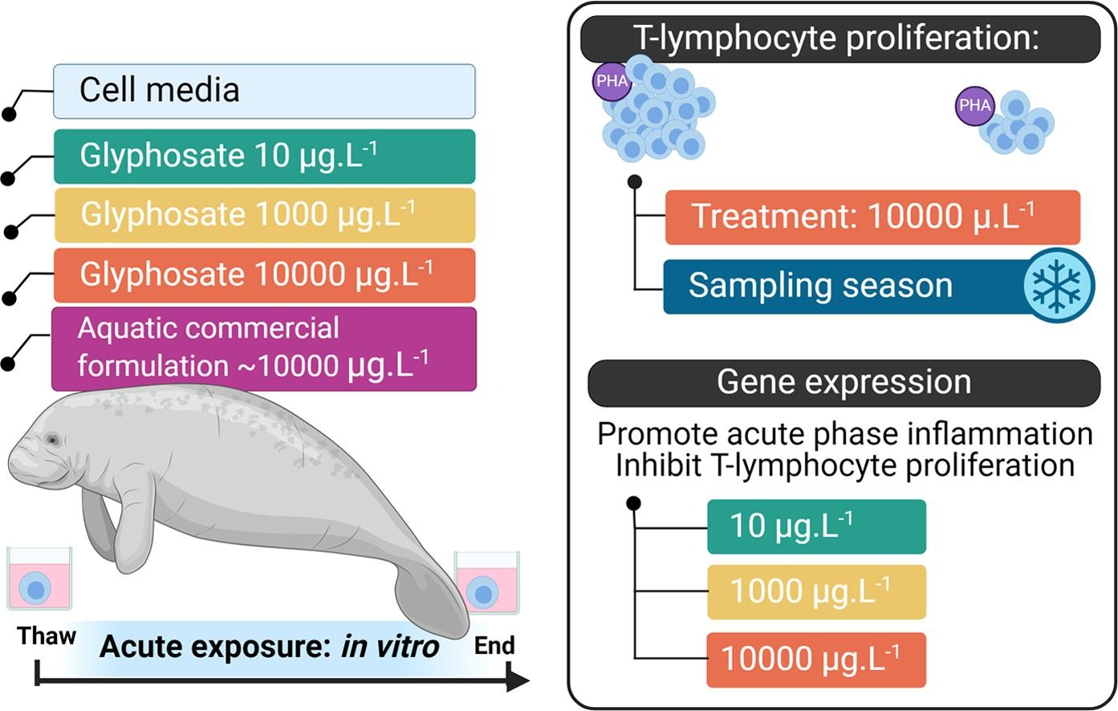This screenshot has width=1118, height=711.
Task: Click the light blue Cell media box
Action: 265,91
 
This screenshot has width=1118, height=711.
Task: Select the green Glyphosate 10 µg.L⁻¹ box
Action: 265,156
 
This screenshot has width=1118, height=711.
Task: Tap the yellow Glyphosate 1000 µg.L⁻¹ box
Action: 265,215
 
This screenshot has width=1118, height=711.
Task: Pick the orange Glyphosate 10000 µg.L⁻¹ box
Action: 265,275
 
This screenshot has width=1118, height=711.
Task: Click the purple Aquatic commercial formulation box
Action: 264,349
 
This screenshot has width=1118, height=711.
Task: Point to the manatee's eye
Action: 52,440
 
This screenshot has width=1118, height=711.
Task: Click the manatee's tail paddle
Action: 432,603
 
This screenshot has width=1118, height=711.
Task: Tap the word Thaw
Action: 47,636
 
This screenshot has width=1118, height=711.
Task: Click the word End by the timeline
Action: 494,646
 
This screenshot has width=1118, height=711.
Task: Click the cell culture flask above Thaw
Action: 39,579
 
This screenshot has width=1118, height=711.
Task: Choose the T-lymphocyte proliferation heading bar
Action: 840,39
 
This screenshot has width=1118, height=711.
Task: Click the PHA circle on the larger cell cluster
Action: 612,81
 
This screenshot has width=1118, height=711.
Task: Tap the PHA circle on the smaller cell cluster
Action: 975,105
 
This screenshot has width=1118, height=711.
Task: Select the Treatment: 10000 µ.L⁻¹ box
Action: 873,217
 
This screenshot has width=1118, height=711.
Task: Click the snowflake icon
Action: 1059,286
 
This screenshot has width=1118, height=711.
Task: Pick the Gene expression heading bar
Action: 844,384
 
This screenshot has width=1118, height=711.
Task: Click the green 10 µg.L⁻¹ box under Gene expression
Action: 816,526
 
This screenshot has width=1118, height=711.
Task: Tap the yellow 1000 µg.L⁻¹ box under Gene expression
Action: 816,592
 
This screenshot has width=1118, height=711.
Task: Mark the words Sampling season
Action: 820,286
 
